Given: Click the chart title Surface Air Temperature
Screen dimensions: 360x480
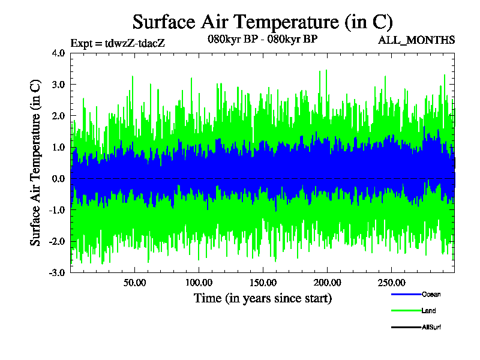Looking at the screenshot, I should click(x=262, y=22).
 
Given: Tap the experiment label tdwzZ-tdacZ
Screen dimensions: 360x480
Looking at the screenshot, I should click(x=118, y=43).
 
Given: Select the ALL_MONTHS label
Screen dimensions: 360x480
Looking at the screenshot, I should click(x=416, y=40).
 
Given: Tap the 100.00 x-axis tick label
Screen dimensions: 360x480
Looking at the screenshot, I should click(x=199, y=283).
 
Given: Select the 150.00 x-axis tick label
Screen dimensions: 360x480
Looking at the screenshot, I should click(x=262, y=283).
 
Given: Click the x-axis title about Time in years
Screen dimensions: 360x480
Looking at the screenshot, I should click(x=262, y=298).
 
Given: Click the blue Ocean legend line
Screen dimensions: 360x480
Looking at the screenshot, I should click(x=406, y=294).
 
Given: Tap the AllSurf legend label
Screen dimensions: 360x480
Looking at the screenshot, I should click(x=432, y=327).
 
